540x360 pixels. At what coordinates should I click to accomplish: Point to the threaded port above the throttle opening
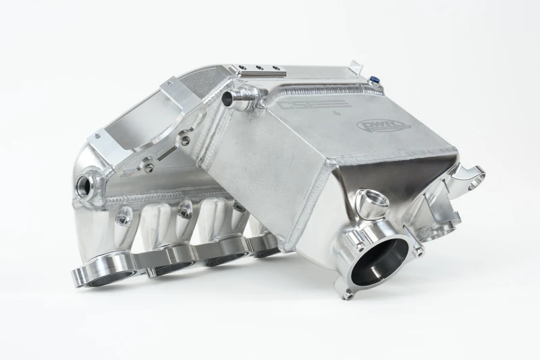pos(369,201)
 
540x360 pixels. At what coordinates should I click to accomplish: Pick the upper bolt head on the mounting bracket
pos(184,140)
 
